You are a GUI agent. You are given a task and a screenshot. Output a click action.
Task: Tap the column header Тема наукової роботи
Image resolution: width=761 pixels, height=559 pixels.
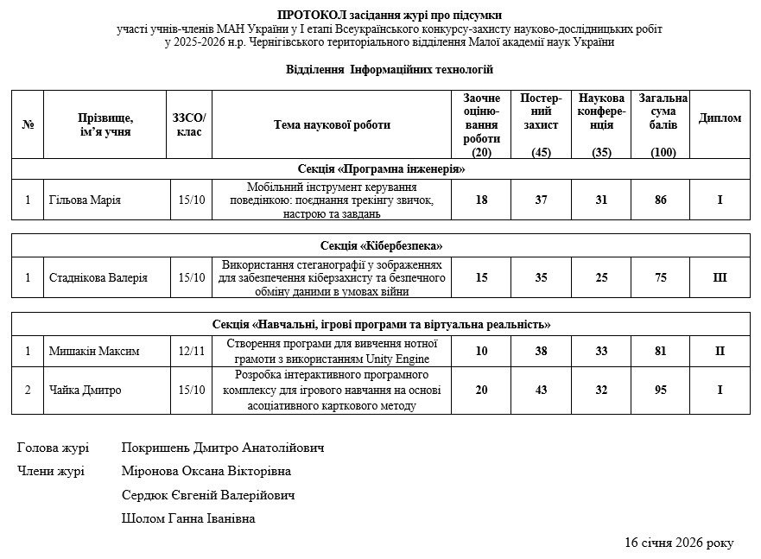click(x=332, y=124)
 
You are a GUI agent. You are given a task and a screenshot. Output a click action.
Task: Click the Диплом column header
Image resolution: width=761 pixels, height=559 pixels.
click(x=720, y=118)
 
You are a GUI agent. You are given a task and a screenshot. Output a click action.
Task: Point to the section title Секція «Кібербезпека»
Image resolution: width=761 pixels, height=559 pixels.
click(x=381, y=246)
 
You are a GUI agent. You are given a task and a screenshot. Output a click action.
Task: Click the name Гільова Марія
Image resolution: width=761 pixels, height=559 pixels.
click(x=85, y=200)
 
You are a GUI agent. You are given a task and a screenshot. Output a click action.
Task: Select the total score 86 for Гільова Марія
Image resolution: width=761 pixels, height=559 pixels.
click(x=661, y=200)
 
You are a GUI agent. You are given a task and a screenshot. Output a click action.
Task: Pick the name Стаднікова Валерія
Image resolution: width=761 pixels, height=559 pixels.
click(x=98, y=278)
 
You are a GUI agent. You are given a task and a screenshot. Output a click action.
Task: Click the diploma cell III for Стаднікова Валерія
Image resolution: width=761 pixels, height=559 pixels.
click(x=720, y=278)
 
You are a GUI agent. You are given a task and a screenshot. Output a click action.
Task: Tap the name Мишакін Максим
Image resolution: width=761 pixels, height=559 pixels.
click(x=94, y=351)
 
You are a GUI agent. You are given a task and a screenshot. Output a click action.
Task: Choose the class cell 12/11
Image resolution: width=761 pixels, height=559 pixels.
click(x=191, y=351)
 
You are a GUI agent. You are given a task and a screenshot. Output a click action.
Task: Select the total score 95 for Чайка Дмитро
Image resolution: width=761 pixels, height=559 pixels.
click(x=661, y=390)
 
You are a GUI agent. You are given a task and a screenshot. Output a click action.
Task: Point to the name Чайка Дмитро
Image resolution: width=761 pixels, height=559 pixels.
click(x=85, y=390)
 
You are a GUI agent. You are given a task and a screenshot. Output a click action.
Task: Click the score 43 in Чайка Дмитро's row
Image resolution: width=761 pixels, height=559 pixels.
click(x=542, y=390)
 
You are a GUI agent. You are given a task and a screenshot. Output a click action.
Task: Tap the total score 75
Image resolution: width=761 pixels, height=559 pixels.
click(x=661, y=278)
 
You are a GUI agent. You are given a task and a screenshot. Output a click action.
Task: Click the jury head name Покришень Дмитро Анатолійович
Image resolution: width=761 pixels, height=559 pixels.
click(x=223, y=448)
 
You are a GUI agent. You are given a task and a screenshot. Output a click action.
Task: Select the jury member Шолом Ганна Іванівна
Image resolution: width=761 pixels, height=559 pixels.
click(x=189, y=518)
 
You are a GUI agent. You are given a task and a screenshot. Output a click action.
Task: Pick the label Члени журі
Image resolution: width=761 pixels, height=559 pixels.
click(x=51, y=471)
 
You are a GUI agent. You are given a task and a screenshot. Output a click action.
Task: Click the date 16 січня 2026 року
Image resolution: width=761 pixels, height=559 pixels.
click(x=679, y=543)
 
